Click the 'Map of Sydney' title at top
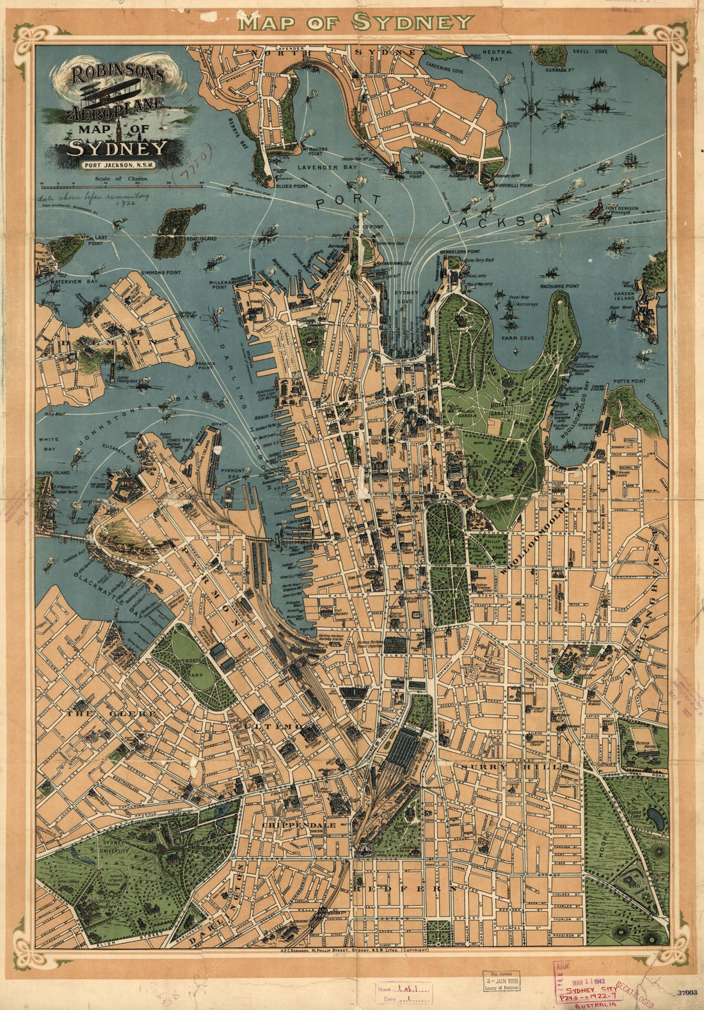(x=355, y=22)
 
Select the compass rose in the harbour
(x=531, y=109)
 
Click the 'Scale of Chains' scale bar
(x=122, y=184)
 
